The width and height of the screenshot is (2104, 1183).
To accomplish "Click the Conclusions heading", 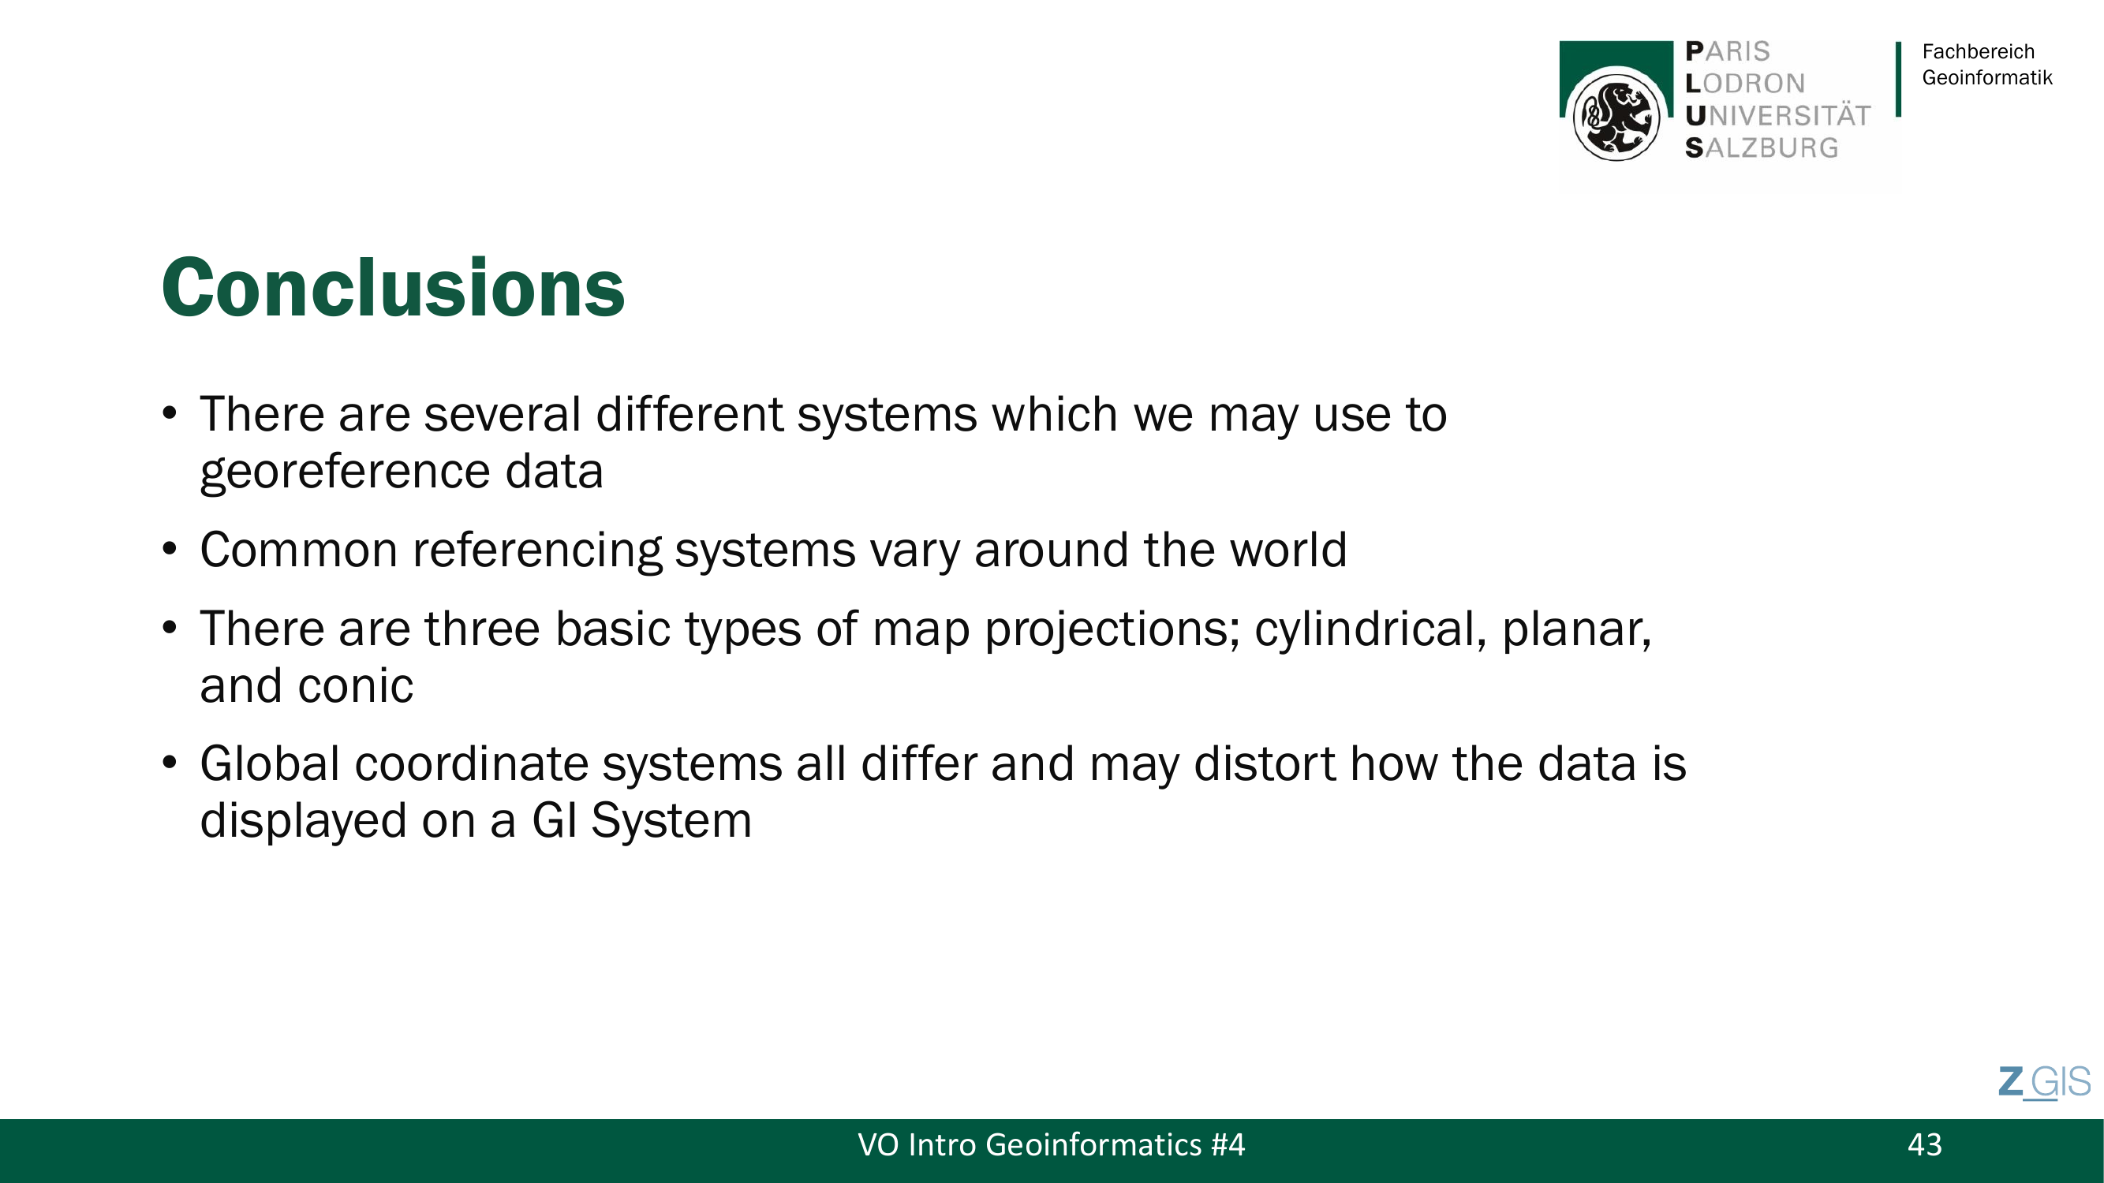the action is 393,287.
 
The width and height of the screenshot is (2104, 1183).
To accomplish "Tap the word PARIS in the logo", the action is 1728,51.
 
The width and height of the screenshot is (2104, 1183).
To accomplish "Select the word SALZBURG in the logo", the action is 1762,147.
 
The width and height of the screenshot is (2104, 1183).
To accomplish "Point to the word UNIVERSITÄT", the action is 1778,116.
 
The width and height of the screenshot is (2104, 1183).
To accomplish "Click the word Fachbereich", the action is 1979,51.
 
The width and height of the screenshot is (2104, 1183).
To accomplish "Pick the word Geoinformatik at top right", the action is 1987,77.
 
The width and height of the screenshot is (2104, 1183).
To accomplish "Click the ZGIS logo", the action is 2044,1083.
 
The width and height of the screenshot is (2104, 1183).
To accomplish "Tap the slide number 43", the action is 1924,1144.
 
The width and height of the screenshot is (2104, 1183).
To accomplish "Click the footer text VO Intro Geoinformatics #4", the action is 1051,1144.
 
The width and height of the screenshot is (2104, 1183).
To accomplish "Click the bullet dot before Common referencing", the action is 170,550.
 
